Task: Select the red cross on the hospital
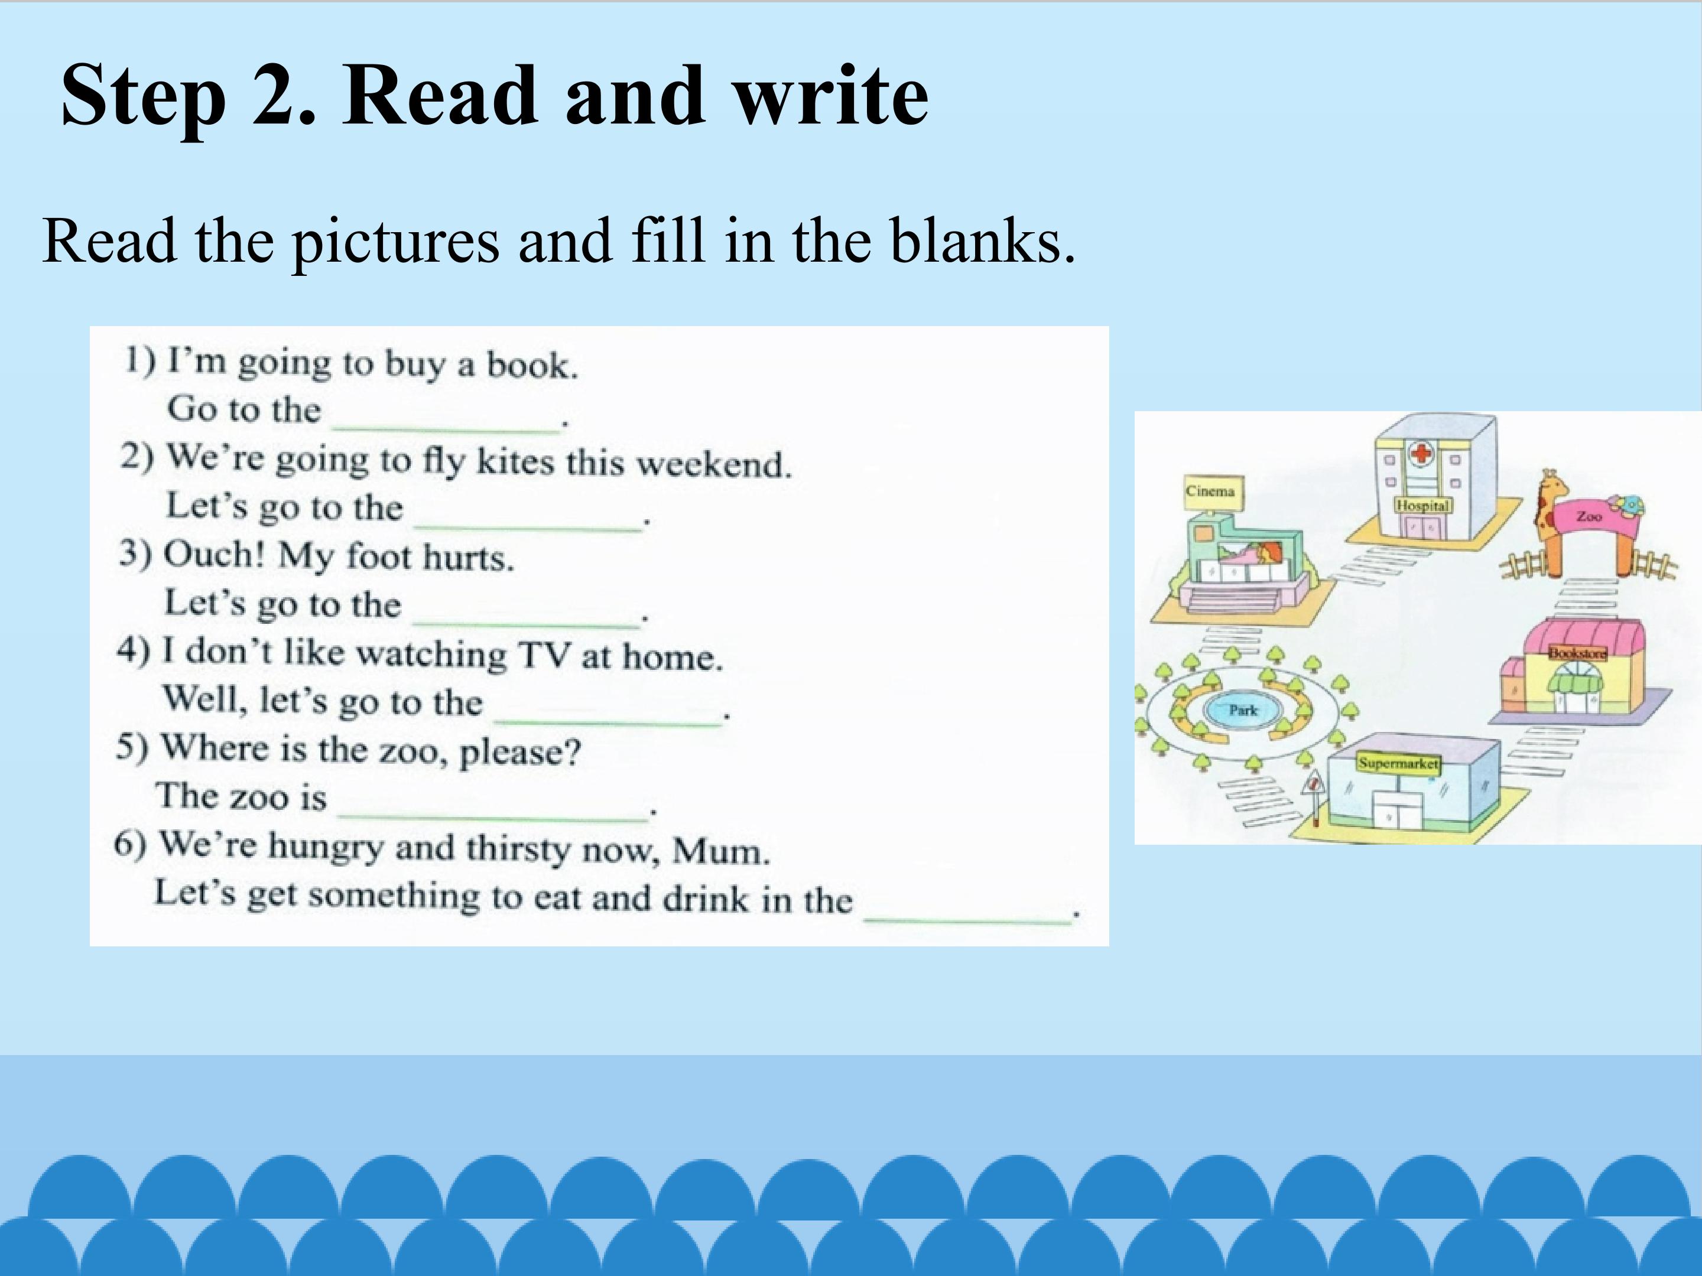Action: (x=1420, y=454)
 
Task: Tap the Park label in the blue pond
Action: (x=1243, y=709)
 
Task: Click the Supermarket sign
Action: (x=1397, y=764)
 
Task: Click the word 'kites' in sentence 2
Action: (x=515, y=461)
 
